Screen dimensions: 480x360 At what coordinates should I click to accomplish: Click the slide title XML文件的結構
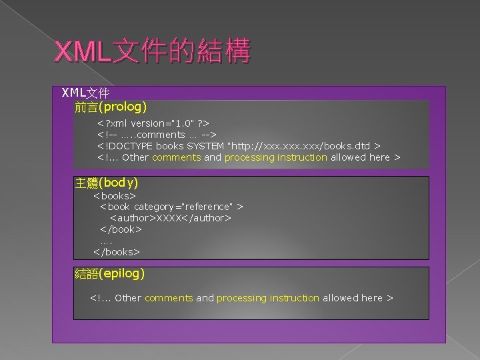point(153,51)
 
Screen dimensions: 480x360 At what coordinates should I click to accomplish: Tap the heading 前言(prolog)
point(111,106)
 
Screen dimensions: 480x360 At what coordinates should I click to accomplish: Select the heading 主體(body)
point(107,182)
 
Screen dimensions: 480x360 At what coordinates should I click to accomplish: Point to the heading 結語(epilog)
point(110,273)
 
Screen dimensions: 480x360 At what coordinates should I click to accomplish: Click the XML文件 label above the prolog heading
point(85,92)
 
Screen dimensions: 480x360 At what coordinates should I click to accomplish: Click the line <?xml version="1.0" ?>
point(153,123)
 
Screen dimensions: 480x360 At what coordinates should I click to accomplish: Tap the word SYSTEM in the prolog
point(205,146)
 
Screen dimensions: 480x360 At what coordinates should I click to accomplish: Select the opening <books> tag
point(115,196)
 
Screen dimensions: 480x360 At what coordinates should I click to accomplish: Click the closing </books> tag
point(117,252)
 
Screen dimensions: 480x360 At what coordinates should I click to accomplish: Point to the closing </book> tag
point(121,229)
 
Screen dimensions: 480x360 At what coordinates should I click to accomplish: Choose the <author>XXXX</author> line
point(171,218)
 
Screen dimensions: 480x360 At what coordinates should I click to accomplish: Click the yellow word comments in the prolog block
point(176,157)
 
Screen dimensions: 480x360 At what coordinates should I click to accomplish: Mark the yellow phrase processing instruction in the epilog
point(268,298)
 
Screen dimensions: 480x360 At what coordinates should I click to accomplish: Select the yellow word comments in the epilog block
point(169,298)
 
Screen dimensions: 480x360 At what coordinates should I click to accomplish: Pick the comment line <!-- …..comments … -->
point(157,135)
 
